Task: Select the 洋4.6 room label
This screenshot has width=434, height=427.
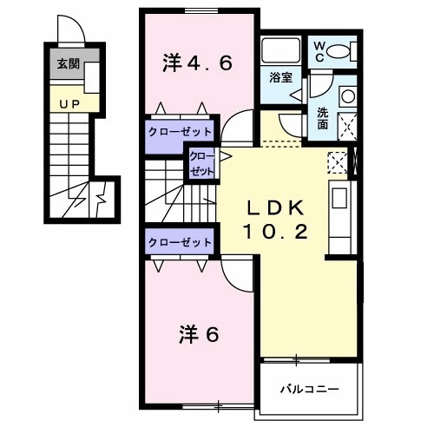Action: coord(198,63)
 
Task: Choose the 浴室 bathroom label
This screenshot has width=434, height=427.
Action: coord(279,77)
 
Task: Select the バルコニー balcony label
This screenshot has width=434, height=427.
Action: coord(308,388)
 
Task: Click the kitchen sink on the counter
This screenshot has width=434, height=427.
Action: coord(339,199)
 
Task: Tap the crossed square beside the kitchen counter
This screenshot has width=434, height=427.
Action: coord(339,161)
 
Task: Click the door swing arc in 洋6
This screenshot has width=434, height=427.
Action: coord(234,276)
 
